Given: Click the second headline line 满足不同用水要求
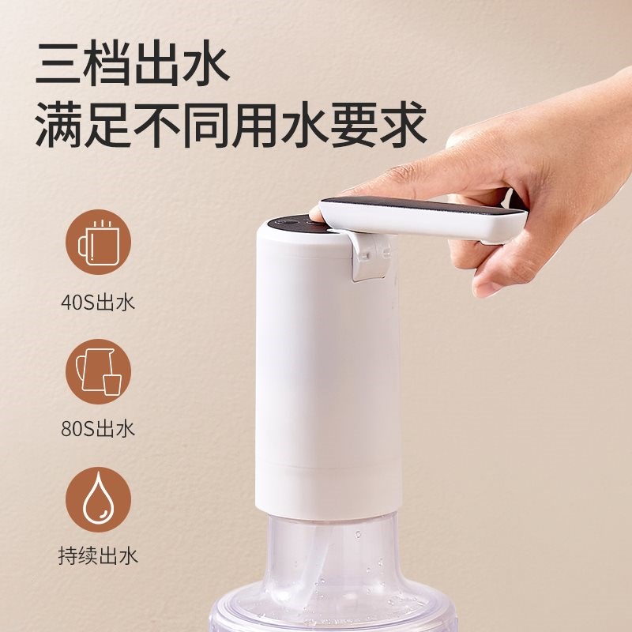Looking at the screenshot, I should pos(231,123).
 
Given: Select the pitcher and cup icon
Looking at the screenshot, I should pos(99,371).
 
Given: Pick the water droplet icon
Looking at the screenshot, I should pos(99,499).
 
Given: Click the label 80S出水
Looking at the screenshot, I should pos(99,429).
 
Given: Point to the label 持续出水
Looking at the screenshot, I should pos(99,555).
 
